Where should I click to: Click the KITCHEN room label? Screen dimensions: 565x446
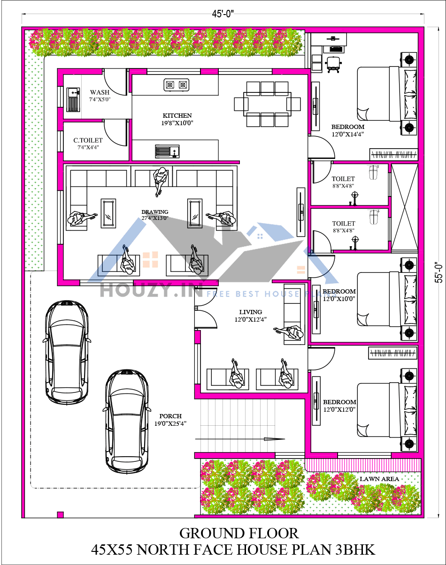point(177,115)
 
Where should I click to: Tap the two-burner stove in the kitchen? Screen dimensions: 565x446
point(177,85)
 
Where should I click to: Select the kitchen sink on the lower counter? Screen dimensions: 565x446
point(167,151)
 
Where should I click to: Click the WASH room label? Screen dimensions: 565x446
point(100,92)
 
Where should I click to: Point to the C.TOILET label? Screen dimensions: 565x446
point(88,140)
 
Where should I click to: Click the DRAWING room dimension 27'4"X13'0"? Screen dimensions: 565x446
point(154,218)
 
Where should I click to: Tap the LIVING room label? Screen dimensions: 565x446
point(250,312)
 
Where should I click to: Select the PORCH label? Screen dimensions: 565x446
point(170,416)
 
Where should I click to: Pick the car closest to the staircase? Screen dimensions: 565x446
point(126,421)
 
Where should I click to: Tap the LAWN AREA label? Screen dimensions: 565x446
point(379,479)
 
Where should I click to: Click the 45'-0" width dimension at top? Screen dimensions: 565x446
point(223,14)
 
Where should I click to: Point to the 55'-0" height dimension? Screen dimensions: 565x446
point(438,272)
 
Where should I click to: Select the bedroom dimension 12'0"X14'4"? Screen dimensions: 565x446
point(347,134)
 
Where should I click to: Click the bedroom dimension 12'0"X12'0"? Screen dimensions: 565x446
point(339,409)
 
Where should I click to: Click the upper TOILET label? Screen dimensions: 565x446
point(343,179)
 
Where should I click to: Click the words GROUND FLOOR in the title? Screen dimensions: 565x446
point(238,533)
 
